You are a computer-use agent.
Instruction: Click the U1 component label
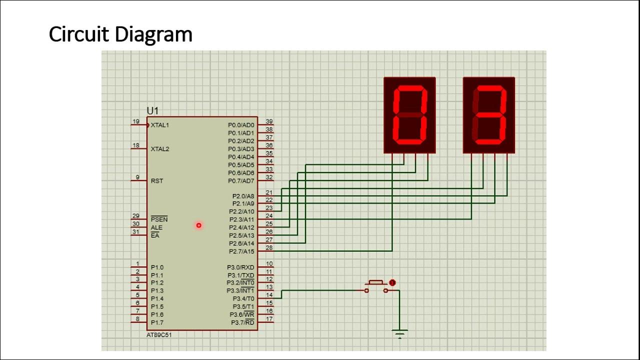coord(152,111)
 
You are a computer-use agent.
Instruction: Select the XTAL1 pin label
coord(160,125)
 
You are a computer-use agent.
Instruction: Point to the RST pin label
coord(157,181)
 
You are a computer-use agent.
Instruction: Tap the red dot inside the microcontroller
coord(198,225)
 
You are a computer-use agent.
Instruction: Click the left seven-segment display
coord(409,115)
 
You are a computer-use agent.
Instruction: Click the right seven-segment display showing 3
coord(489,115)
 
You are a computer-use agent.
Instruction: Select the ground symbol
coord(400,333)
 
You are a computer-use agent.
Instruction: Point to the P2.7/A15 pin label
coord(241,251)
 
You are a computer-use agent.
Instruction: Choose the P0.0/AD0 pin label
coord(241,125)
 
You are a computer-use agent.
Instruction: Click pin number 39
coord(269,121)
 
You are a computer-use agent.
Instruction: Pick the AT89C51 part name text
coord(159,335)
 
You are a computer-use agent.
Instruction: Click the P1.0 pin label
coord(157,267)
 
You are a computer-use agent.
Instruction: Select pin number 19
coord(135,121)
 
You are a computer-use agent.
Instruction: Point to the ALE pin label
coord(156,227)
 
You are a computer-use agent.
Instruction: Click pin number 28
coord(269,248)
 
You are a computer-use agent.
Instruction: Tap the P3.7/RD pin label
coord(242,322)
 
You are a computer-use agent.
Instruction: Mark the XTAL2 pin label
coord(160,149)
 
